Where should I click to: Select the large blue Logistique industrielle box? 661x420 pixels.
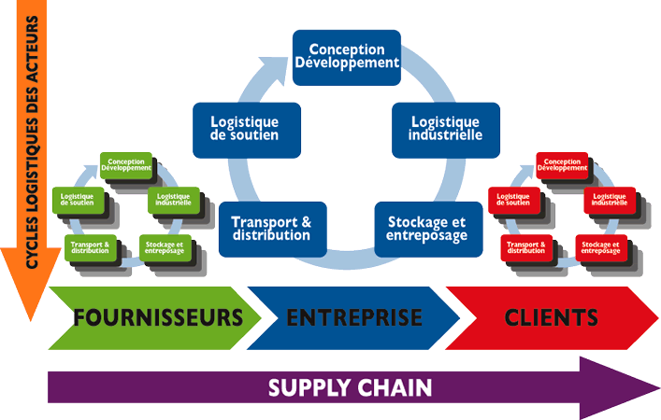point(445,129)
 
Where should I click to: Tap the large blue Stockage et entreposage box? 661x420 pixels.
point(425,228)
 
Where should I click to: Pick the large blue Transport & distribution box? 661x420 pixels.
point(270,228)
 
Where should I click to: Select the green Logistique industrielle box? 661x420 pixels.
point(172,199)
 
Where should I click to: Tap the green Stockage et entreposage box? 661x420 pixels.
point(165,246)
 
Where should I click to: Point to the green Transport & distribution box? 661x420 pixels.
point(90,246)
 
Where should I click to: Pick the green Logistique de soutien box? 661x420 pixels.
point(79,199)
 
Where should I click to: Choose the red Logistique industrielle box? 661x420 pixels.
point(610,199)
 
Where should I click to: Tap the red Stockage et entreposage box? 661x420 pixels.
point(601,246)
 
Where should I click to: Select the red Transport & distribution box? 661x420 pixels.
point(526,246)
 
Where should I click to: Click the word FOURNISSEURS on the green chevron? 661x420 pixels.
point(156,317)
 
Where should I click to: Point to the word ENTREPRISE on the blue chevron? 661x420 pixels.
point(354,317)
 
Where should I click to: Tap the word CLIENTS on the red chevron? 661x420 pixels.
point(552,317)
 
